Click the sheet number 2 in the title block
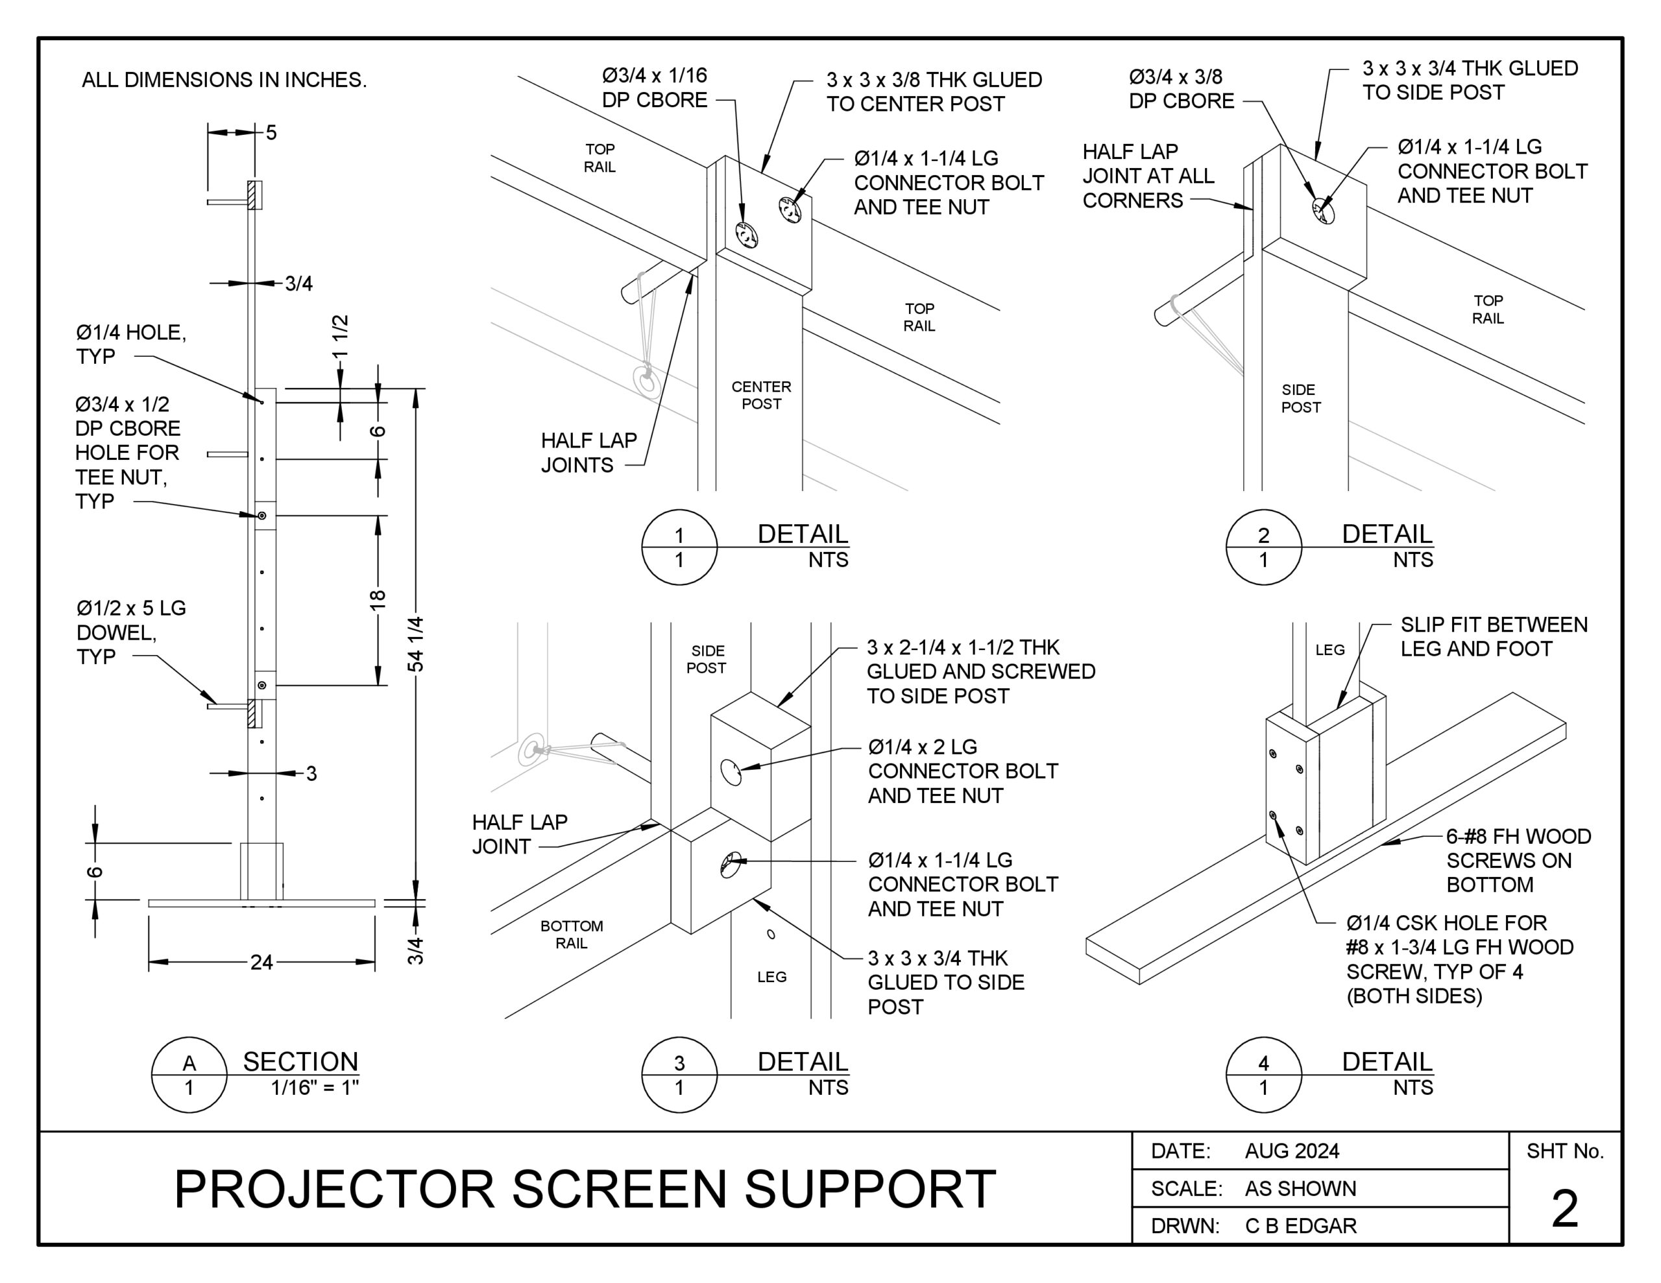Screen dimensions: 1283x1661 pyautogui.click(x=1564, y=1208)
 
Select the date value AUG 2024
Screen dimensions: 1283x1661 pyautogui.click(x=1291, y=1151)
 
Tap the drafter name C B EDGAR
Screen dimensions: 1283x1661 pyautogui.click(x=1300, y=1226)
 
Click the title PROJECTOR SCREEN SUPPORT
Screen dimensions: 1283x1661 pyautogui.click(x=585, y=1189)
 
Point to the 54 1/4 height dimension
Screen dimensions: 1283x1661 pyautogui.click(x=416, y=644)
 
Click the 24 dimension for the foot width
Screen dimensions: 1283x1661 pyautogui.click(x=261, y=962)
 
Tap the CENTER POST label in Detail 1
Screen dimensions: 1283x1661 pyautogui.click(x=761, y=396)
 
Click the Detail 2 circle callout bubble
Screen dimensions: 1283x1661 pyautogui.click(x=1263, y=547)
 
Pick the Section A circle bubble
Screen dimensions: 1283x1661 pyautogui.click(x=189, y=1075)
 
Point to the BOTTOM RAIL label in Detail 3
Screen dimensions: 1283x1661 pyautogui.click(x=571, y=934)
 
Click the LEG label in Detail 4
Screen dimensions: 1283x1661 pyautogui.click(x=1330, y=649)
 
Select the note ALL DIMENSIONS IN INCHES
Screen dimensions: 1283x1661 pyautogui.click(x=224, y=80)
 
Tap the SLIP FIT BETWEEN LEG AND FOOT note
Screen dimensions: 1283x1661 pyautogui.click(x=1494, y=636)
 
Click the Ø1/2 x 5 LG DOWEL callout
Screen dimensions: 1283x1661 pyautogui.click(x=131, y=632)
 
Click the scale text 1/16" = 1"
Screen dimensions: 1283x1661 pyautogui.click(x=314, y=1088)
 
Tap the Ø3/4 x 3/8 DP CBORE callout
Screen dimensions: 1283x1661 pyautogui.click(x=1180, y=89)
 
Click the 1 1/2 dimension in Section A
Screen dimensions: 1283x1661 pyautogui.click(x=340, y=336)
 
